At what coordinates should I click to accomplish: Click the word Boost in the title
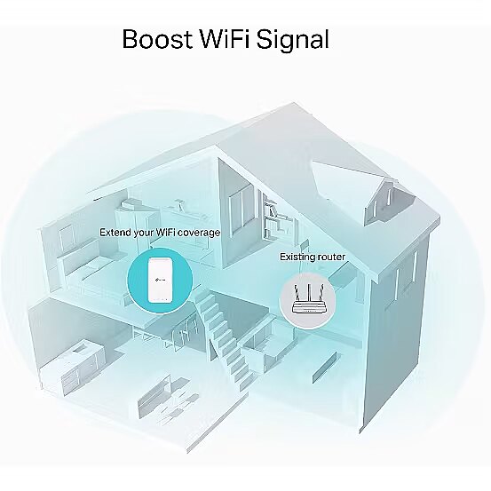(157, 39)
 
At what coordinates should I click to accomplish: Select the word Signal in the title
(293, 41)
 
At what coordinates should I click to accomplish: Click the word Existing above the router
(297, 257)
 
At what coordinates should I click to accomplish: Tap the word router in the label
(331, 257)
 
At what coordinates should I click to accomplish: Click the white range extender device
(160, 281)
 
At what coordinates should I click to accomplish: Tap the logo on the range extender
(160, 279)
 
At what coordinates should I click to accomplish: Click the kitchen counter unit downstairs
(69, 367)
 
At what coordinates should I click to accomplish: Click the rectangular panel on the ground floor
(325, 368)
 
